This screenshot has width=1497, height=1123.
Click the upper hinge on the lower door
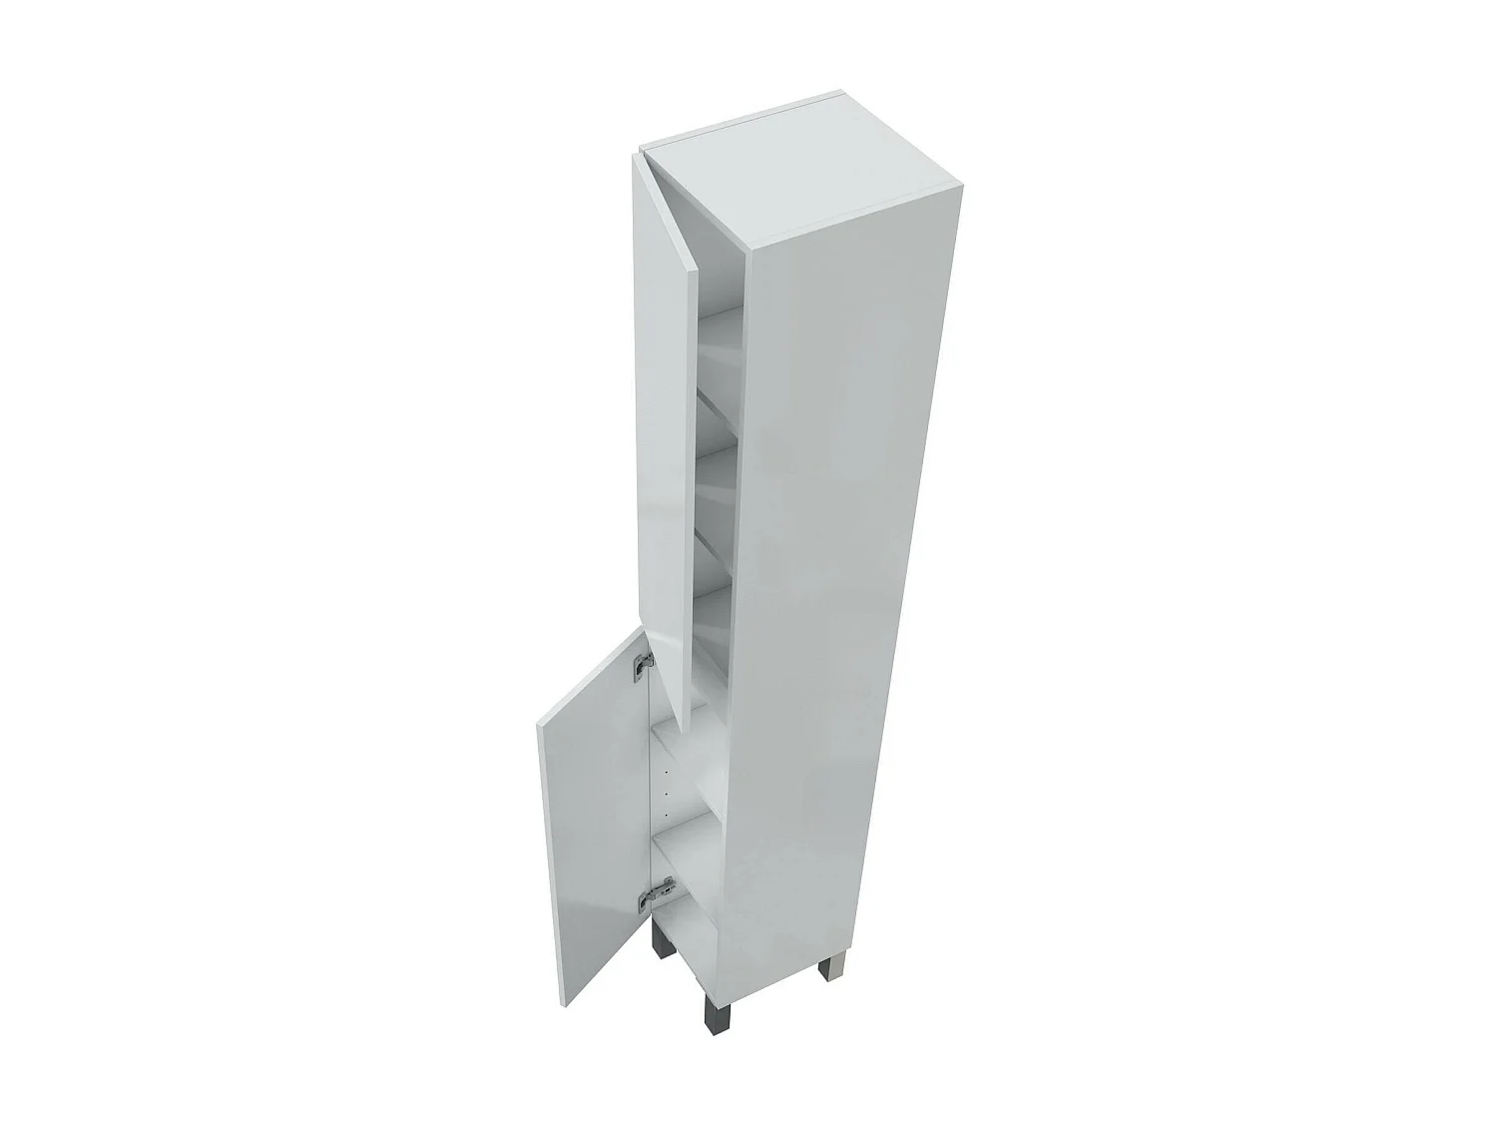[643, 661]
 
